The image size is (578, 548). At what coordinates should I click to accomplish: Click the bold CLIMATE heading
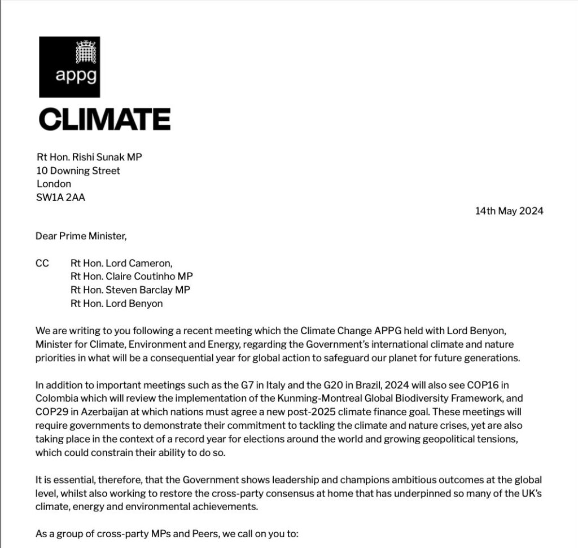104,119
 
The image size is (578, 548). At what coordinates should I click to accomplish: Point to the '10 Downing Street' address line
78,170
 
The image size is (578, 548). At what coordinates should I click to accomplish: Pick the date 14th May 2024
509,211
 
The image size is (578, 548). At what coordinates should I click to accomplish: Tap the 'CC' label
43,263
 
